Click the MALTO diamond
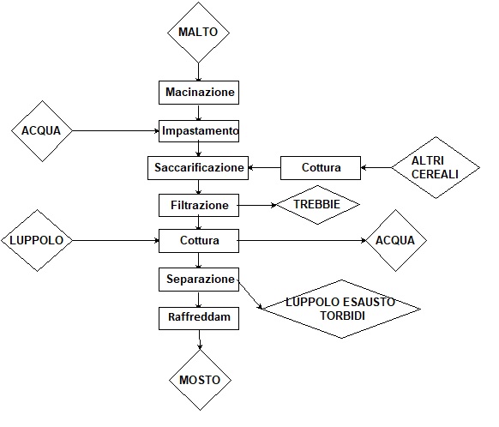pyautogui.click(x=199, y=32)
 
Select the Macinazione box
pyautogui.click(x=199, y=93)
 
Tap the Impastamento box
pyautogui.click(x=199, y=131)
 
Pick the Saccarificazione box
pyautogui.click(x=198, y=168)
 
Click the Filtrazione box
pyautogui.click(x=199, y=205)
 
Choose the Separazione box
pyautogui.click(x=199, y=280)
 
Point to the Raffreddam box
pyautogui.click(x=199, y=318)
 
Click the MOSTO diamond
pyautogui.click(x=200, y=380)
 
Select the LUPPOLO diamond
pyautogui.click(x=37, y=241)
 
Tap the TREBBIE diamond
pyautogui.click(x=317, y=205)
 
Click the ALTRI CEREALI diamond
pyautogui.click(x=436, y=168)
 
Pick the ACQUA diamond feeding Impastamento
pyautogui.click(x=42, y=131)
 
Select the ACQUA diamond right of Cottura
pyautogui.click(x=396, y=241)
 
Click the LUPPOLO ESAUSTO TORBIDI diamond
pyautogui.click(x=341, y=309)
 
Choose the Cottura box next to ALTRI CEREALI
pyautogui.click(x=321, y=168)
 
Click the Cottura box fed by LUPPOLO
pyautogui.click(x=199, y=241)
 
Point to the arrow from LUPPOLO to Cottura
pyautogui.click(x=116, y=241)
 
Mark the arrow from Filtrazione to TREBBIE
pyautogui.click(x=257, y=205)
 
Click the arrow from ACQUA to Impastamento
pyautogui.click(x=116, y=131)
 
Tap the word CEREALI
pyautogui.click(x=435, y=174)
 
